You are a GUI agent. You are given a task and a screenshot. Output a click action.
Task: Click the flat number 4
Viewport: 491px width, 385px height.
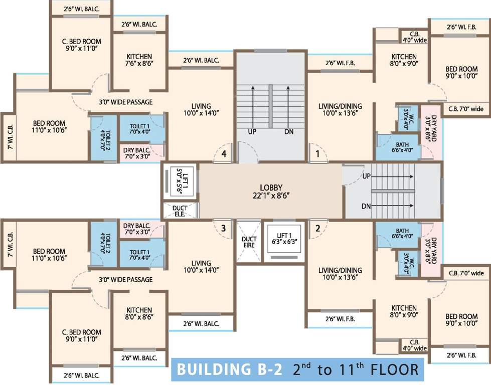224,154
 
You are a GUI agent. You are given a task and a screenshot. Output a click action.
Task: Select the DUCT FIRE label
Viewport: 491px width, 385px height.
249,242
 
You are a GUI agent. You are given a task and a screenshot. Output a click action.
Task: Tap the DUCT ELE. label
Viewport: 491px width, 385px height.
179,211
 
